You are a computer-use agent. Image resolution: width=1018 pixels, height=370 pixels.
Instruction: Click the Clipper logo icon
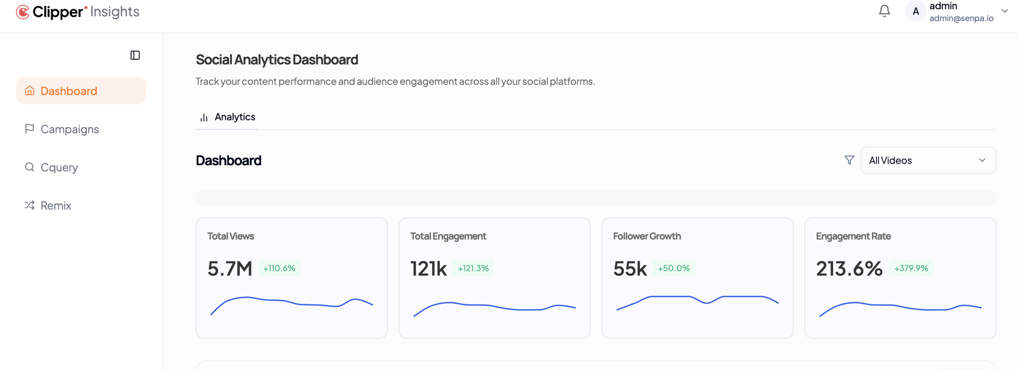(x=23, y=12)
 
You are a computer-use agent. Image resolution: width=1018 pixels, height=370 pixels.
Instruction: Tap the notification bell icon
(x=884, y=11)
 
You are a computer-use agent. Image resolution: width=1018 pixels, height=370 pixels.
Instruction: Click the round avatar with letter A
(x=915, y=11)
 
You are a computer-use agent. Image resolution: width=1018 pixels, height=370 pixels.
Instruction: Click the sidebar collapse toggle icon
(x=135, y=55)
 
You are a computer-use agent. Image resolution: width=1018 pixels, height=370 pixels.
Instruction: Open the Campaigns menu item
(x=69, y=129)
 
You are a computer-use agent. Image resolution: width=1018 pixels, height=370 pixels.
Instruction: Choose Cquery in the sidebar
(x=59, y=167)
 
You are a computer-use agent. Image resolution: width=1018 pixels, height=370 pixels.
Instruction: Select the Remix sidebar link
(x=55, y=206)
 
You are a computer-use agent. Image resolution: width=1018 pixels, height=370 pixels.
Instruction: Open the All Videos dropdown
(x=928, y=160)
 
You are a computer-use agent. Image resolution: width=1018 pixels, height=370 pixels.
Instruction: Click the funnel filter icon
(x=849, y=160)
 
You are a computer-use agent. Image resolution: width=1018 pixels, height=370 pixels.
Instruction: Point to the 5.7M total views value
(x=230, y=269)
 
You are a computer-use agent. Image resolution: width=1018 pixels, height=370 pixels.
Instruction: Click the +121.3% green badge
(x=473, y=268)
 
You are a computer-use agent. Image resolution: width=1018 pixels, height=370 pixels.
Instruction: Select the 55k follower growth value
(x=630, y=269)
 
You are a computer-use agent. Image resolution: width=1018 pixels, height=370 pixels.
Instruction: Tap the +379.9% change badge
(x=911, y=268)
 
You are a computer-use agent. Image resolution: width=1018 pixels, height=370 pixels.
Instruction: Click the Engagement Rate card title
(x=853, y=236)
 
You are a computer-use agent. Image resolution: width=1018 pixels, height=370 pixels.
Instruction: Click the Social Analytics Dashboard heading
(x=277, y=60)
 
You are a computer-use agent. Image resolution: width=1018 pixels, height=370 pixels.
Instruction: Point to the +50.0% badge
(x=674, y=268)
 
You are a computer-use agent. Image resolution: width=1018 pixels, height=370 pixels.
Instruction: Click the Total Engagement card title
(x=448, y=236)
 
